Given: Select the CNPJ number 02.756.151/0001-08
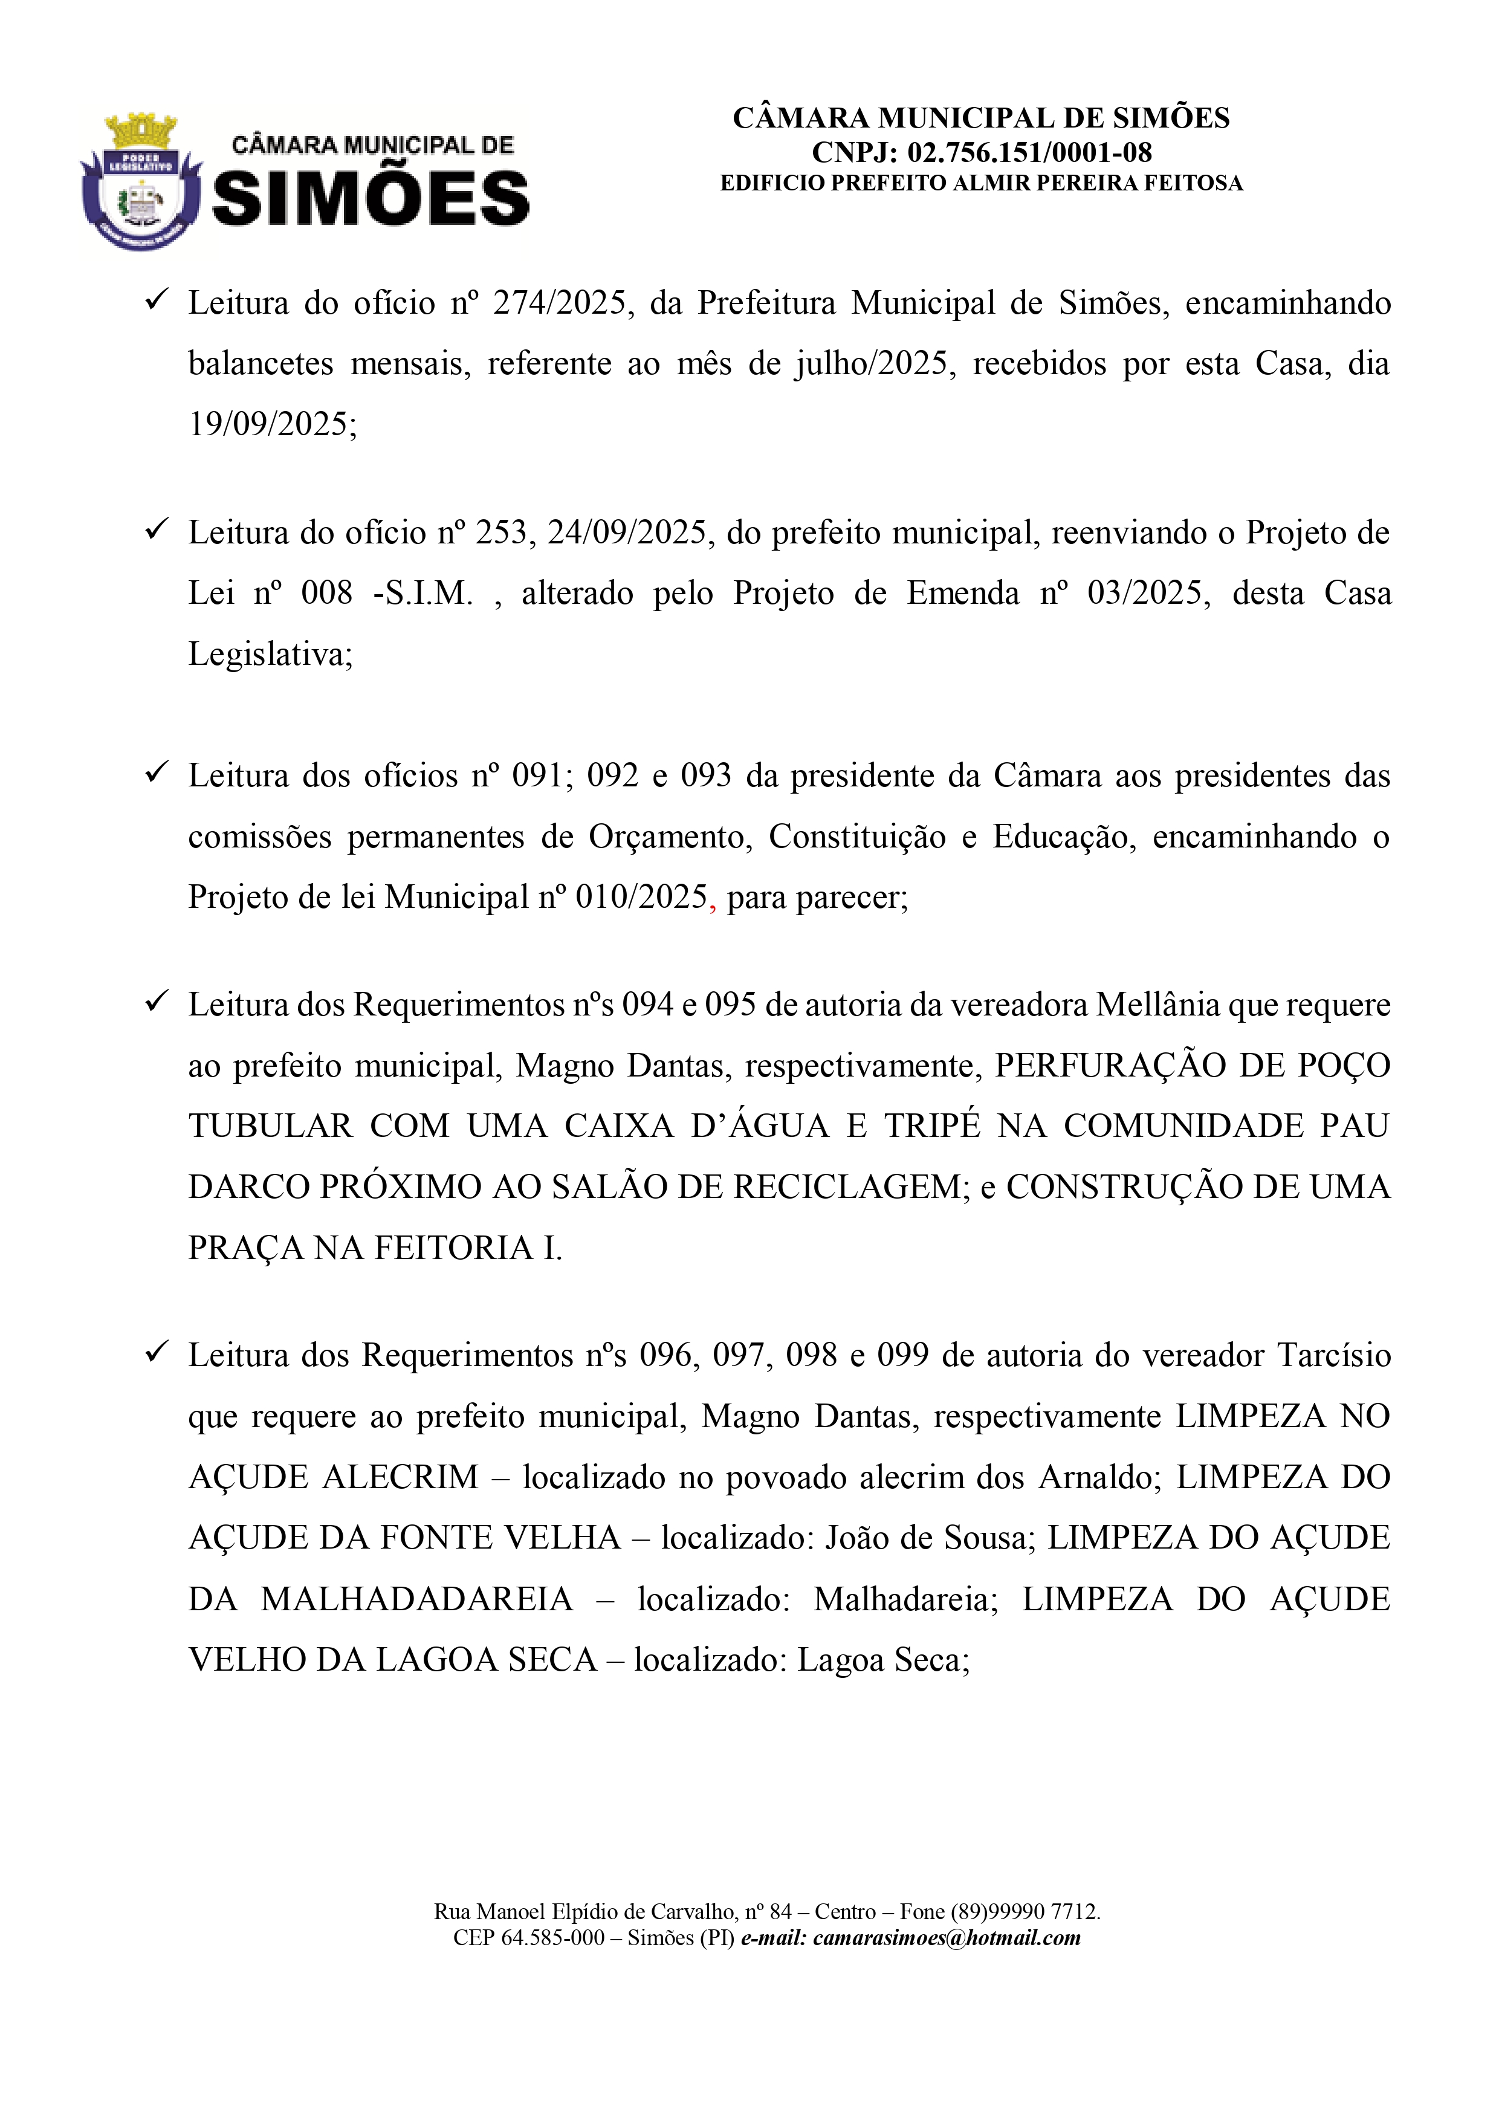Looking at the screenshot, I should click(x=1030, y=152).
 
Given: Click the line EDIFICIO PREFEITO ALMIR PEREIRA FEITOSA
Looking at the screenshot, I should click(x=981, y=183).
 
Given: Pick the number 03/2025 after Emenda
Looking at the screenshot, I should click(x=1148, y=593).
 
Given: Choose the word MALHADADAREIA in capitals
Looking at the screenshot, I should click(x=416, y=1599).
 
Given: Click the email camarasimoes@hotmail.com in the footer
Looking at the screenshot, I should click(x=947, y=1938).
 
